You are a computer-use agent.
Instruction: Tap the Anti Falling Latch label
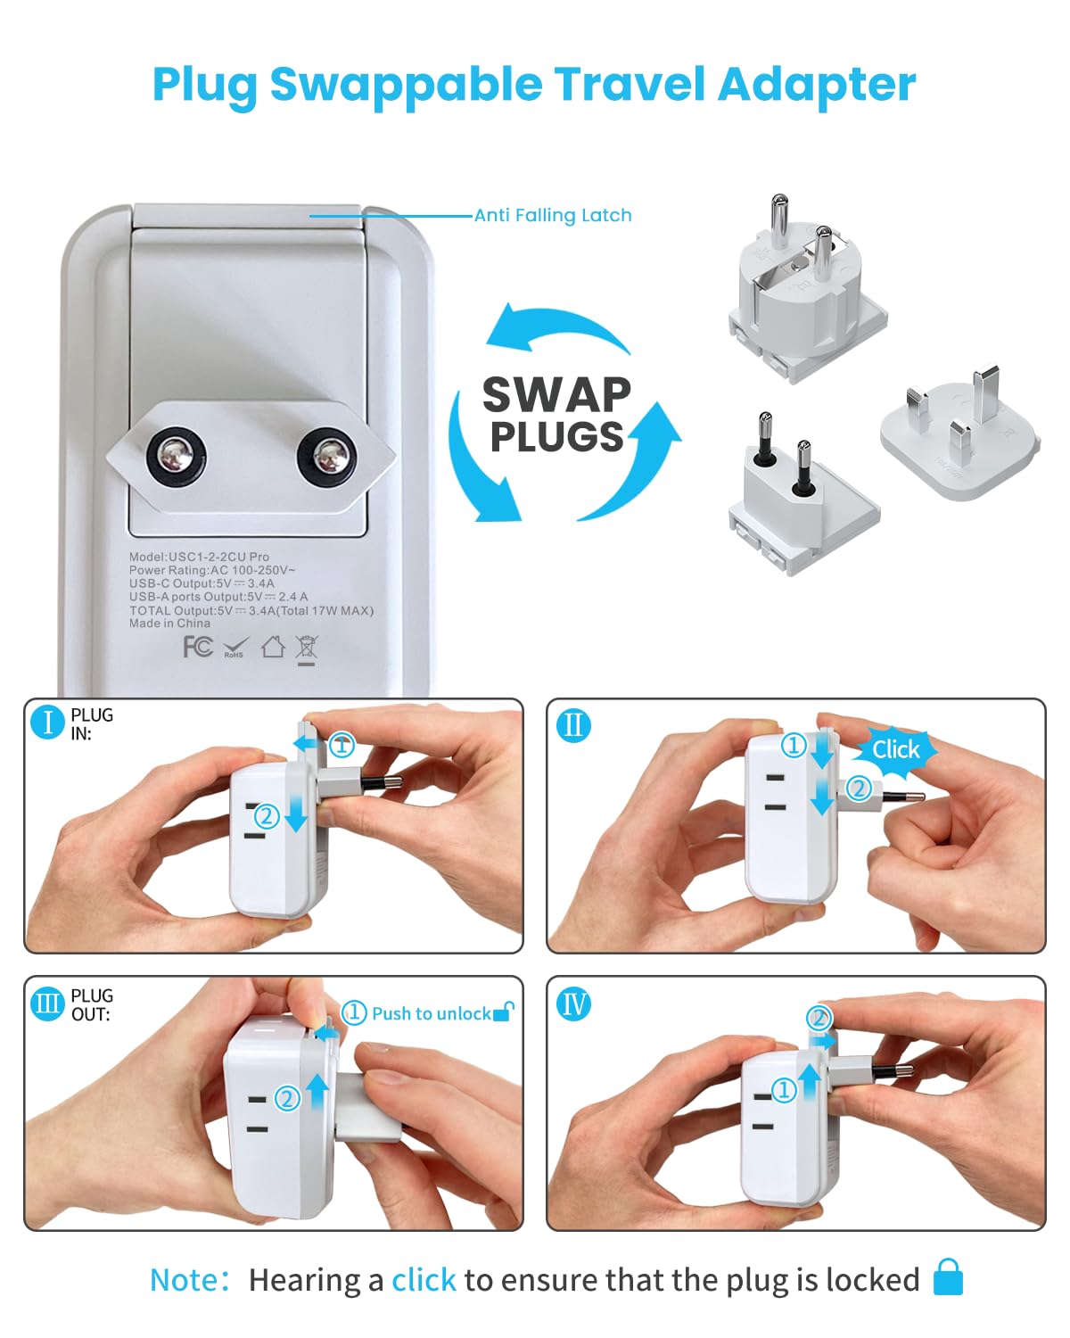[x=552, y=215]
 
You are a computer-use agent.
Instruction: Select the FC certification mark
[x=197, y=647]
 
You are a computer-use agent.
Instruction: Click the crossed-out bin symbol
[x=307, y=648]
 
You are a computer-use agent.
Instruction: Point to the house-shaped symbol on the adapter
[x=273, y=647]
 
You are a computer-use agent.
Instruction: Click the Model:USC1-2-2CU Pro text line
[x=199, y=557]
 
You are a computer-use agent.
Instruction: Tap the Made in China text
[x=169, y=624]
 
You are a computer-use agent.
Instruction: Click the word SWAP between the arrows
[x=556, y=394]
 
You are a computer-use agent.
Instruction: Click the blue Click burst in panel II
[x=895, y=749]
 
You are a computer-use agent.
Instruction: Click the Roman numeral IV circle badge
[x=573, y=1003]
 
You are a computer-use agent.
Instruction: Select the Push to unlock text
[x=431, y=1013]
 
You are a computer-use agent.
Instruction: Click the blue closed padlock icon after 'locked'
[x=948, y=1277]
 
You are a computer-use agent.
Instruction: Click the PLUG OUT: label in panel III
[x=92, y=1004]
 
